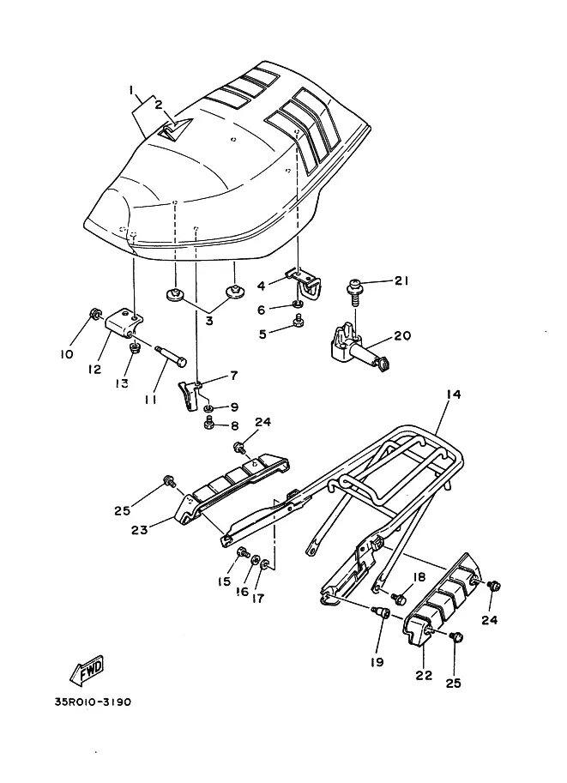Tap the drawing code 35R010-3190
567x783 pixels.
tap(93, 702)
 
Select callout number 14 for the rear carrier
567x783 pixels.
tap(453, 395)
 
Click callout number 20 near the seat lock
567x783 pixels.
tap(402, 335)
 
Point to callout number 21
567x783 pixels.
tap(401, 280)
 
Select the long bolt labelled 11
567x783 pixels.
tap(172, 357)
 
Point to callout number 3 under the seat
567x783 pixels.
tap(208, 321)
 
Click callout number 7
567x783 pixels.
tap(234, 376)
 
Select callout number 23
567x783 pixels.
tap(139, 529)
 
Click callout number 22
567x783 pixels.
tap(424, 675)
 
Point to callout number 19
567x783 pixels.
tap(377, 662)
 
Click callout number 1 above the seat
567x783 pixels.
tap(130, 90)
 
